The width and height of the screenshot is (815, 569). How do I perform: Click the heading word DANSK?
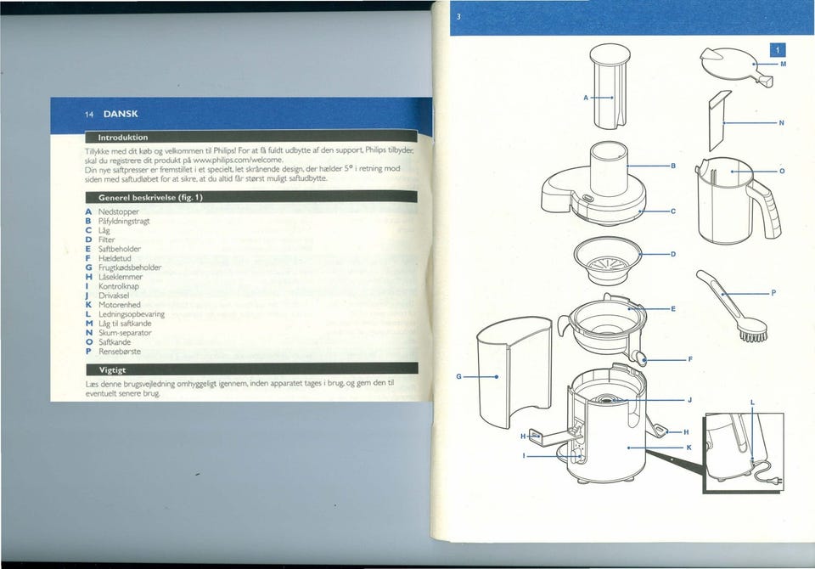121,114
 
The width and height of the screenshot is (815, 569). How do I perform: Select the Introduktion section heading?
123,138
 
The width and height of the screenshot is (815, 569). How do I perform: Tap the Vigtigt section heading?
112,369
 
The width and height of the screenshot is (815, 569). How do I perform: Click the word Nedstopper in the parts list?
119,211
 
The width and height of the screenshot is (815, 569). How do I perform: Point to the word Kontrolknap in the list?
119,286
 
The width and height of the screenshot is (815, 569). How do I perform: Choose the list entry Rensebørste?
120,351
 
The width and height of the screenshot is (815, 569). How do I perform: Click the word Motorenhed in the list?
120,305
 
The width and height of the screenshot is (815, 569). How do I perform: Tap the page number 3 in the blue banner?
458,17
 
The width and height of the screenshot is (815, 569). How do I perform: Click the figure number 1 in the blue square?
778,50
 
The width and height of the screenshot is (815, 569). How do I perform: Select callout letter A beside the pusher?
586,98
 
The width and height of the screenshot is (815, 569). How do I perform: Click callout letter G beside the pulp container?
458,376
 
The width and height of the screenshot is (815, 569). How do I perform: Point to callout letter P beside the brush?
773,293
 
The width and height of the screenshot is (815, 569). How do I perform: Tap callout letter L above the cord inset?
752,403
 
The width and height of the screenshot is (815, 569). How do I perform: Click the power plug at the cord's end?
777,482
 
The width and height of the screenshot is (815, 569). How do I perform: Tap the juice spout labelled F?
640,357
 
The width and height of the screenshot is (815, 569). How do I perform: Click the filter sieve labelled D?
608,260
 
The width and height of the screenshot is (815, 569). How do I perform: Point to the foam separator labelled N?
719,120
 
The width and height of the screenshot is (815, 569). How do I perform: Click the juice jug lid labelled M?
733,66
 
